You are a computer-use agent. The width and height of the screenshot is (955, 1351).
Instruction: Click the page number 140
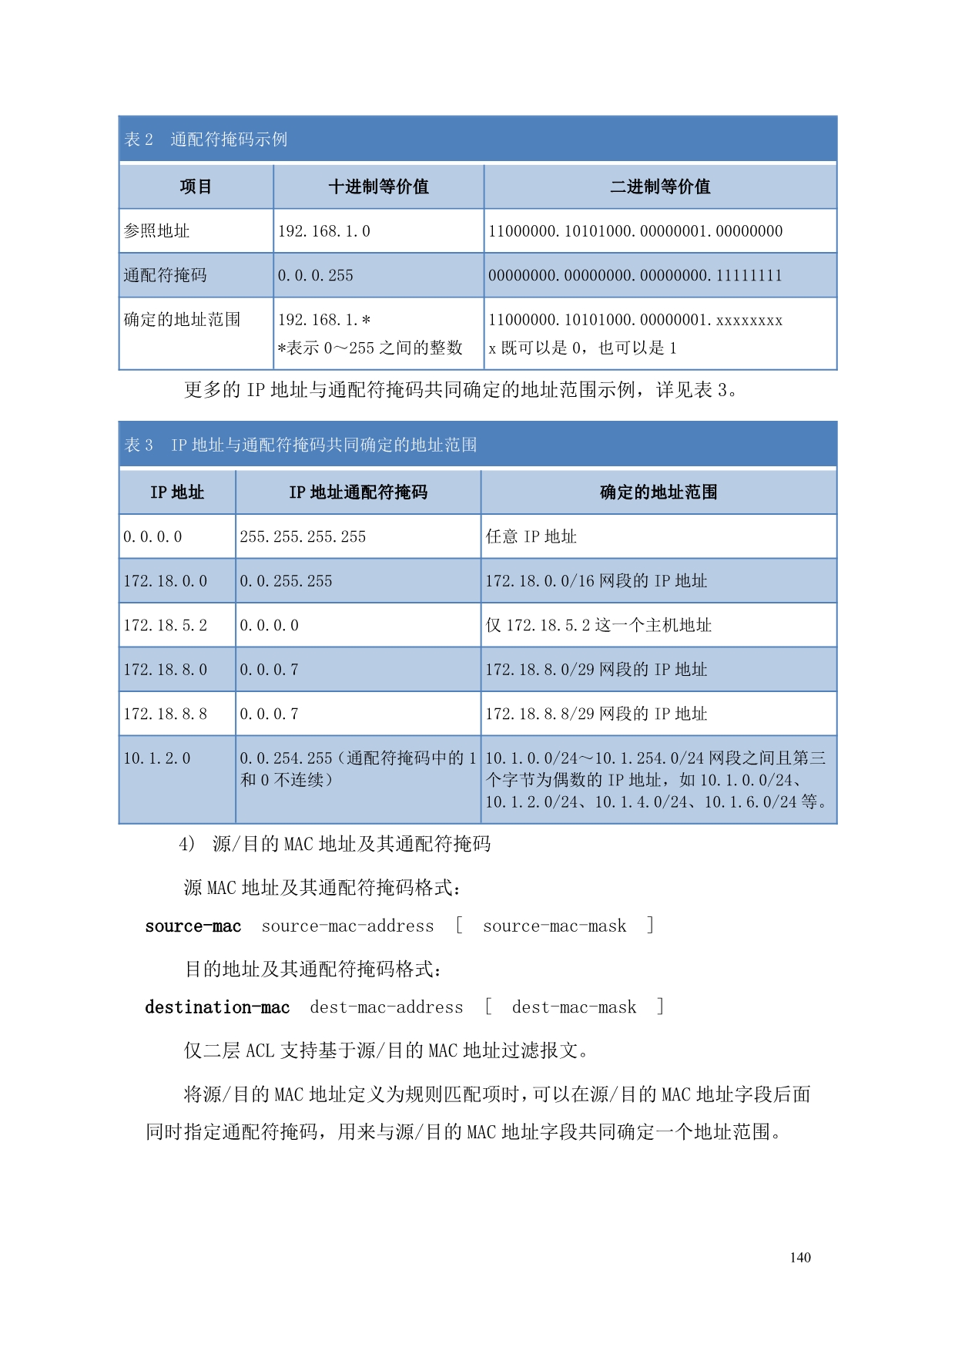point(800,1257)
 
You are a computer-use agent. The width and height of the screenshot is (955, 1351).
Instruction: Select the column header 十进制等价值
point(378,187)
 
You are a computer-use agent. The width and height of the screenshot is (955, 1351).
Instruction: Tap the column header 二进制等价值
point(660,187)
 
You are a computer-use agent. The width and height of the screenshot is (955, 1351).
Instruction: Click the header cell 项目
point(196,187)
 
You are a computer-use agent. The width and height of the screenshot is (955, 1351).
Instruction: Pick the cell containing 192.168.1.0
point(324,231)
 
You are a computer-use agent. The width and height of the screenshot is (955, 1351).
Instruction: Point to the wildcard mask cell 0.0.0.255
point(316,275)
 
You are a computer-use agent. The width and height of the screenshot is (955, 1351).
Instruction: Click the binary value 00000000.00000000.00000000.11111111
point(635,275)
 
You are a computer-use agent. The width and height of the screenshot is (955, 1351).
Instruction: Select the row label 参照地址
point(157,231)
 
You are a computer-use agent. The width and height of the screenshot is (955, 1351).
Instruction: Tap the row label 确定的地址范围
point(183,320)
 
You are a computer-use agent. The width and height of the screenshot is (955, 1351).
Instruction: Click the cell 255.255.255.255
point(303,536)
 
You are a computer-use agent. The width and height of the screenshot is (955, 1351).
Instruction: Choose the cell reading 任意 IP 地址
point(531,536)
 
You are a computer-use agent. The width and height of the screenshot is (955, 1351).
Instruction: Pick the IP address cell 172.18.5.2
point(166,625)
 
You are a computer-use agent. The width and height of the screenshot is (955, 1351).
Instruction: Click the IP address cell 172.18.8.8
point(166,714)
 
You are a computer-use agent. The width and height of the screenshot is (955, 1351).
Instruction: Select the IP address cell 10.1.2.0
point(157,758)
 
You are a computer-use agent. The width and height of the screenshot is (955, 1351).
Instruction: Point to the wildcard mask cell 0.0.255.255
point(286,581)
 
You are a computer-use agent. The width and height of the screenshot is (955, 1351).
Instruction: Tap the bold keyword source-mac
point(193,926)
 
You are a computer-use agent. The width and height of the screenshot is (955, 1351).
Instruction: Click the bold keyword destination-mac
point(217,1007)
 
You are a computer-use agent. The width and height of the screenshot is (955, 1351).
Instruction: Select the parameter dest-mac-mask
point(574,1007)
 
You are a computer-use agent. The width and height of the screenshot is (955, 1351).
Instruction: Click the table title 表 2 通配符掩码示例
point(206,139)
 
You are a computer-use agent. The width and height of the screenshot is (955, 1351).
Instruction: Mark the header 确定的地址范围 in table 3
point(658,492)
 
